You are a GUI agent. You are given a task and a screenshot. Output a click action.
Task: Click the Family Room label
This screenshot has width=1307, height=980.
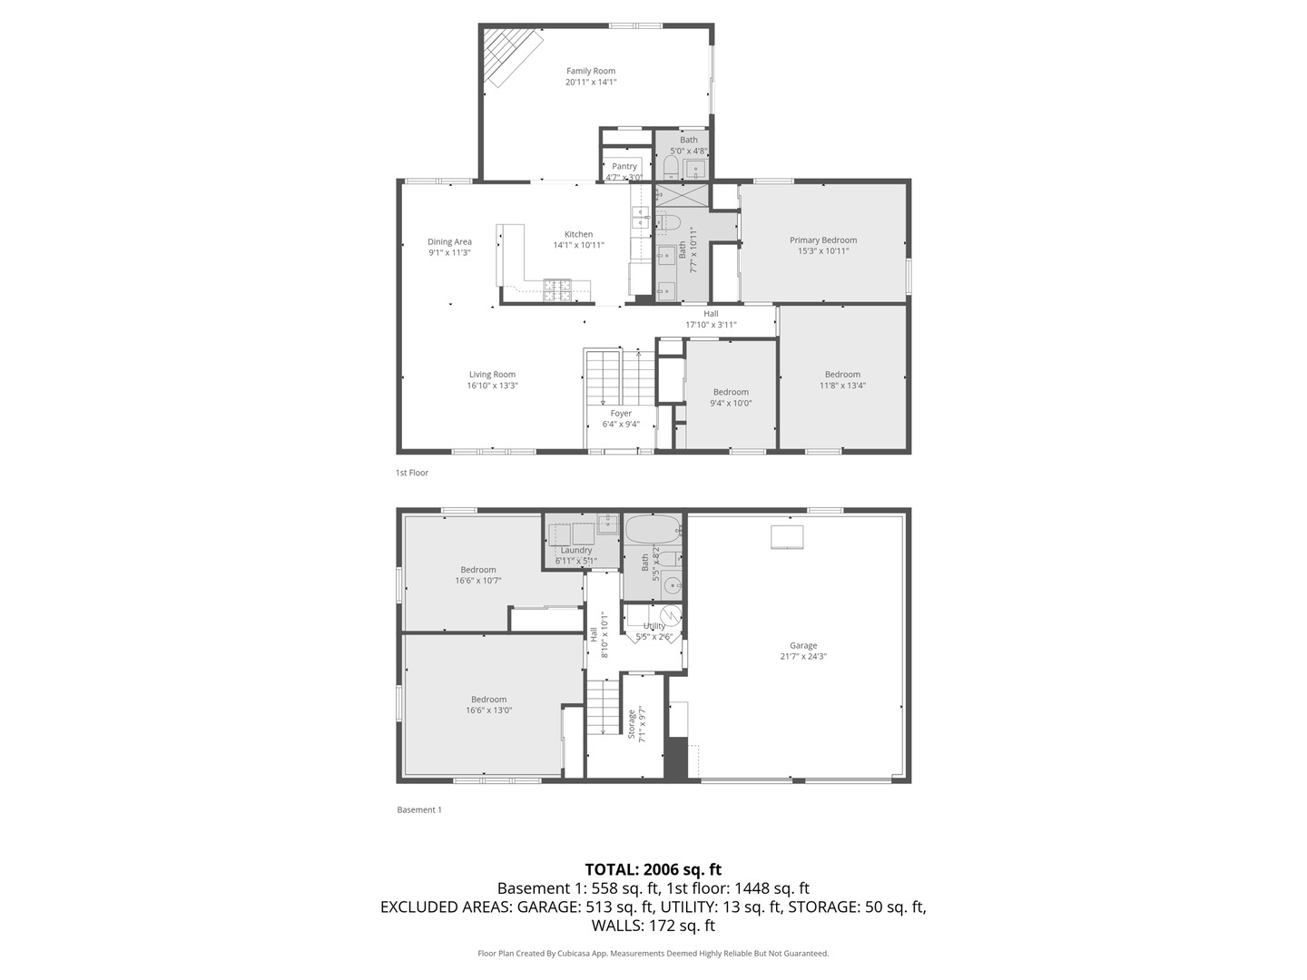591,71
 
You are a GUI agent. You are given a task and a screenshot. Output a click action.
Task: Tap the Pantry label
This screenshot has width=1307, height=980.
624,166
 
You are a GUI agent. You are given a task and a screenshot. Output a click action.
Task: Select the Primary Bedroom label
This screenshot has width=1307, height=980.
823,240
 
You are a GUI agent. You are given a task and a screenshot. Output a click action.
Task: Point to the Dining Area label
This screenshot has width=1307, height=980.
449,242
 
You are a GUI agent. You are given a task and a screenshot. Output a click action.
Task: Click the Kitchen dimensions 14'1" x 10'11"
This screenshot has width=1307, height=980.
578,245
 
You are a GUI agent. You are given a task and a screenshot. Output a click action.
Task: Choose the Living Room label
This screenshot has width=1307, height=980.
492,374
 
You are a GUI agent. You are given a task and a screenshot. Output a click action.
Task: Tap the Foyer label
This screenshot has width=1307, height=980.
621,413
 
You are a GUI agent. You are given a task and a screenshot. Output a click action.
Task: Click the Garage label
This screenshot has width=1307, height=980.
803,646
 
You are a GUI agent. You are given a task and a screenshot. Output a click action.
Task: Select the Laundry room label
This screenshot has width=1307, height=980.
576,550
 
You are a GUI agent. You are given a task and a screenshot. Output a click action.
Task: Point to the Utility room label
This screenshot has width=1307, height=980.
654,626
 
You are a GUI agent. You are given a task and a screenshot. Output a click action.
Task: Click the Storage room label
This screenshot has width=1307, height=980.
632,725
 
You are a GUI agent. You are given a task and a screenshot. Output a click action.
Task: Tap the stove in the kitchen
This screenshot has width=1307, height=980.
555,289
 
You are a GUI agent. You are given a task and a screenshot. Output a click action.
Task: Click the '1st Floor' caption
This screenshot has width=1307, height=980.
412,473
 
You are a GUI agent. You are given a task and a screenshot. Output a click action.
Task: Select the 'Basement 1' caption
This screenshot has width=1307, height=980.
419,809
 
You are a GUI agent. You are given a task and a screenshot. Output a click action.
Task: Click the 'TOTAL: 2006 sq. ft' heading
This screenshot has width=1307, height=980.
653,869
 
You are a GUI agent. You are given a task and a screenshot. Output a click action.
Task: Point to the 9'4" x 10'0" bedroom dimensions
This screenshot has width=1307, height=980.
731,403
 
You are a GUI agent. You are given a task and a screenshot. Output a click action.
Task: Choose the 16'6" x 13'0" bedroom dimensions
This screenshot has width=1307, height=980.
488,710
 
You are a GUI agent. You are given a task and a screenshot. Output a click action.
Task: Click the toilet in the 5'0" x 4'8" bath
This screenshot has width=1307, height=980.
671,167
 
